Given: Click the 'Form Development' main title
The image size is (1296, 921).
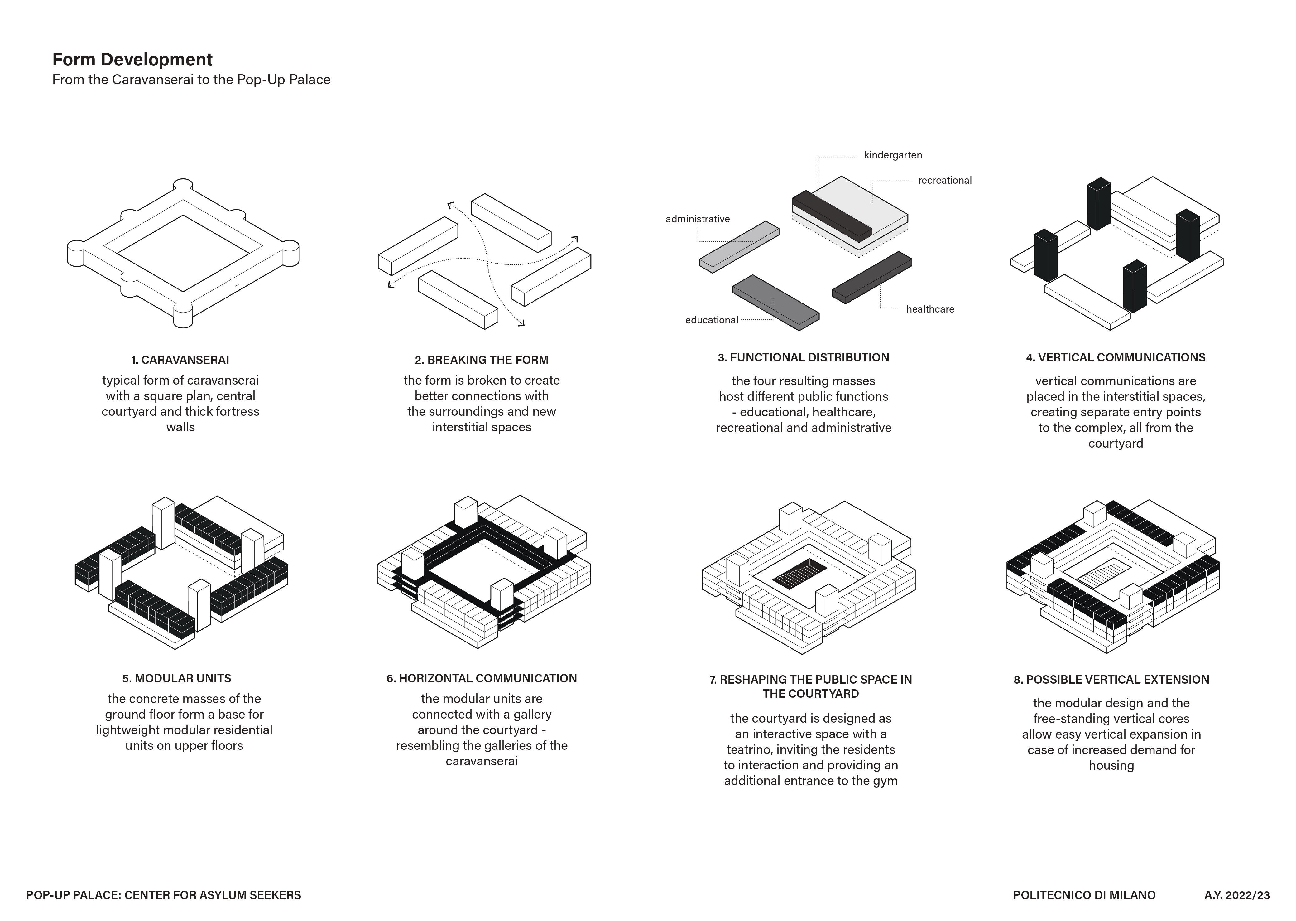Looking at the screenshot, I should click(132, 60).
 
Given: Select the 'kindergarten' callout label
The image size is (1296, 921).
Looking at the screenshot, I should click(893, 155).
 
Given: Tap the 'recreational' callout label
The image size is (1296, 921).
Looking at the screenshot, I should click(945, 180).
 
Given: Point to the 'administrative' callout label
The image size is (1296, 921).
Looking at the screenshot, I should click(698, 219).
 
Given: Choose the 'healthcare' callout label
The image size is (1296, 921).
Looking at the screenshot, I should click(930, 309).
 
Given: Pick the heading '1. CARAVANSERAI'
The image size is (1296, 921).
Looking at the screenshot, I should click(180, 360).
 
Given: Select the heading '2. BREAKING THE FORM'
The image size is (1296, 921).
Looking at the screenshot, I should click(482, 360).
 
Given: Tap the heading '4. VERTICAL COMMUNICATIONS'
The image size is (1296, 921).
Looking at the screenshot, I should click(1115, 358).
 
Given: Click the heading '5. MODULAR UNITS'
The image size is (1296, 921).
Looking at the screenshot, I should click(177, 678).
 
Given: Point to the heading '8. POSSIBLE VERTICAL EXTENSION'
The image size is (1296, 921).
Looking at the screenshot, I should click(1111, 679).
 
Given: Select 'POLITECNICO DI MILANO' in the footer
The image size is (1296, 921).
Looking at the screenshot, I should click(1084, 895).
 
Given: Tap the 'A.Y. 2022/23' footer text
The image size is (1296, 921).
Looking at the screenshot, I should click(1237, 895).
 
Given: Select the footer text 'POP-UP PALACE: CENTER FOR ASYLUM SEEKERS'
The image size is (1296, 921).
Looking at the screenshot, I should click(163, 895).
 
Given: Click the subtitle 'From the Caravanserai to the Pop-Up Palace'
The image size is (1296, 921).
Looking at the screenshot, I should click(191, 80).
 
